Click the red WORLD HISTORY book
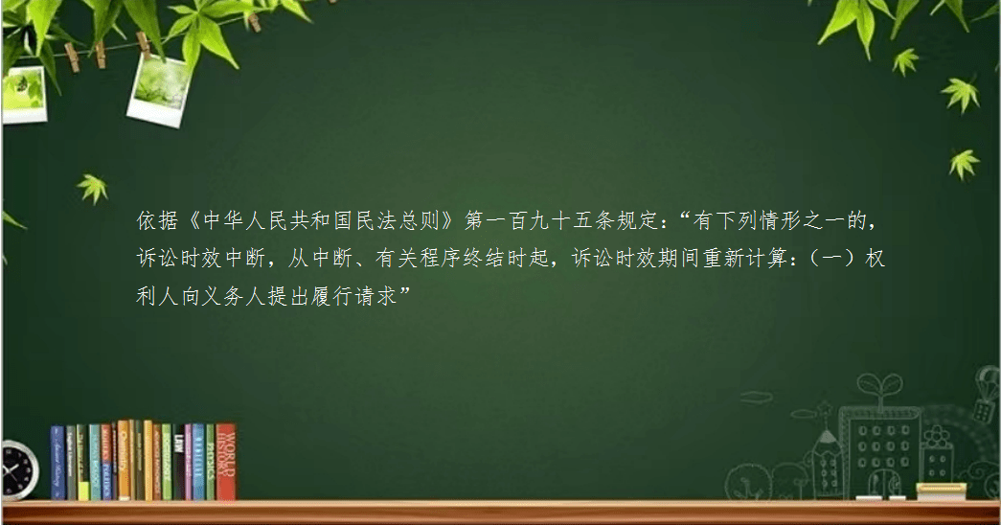[226, 462]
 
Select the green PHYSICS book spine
[210, 463]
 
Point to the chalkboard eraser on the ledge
[941, 491]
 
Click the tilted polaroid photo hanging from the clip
[160, 89]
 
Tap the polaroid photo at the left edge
[24, 95]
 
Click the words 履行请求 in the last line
[355, 296]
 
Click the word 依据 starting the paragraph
[157, 221]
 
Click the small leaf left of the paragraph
[93, 189]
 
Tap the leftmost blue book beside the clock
[57, 463]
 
